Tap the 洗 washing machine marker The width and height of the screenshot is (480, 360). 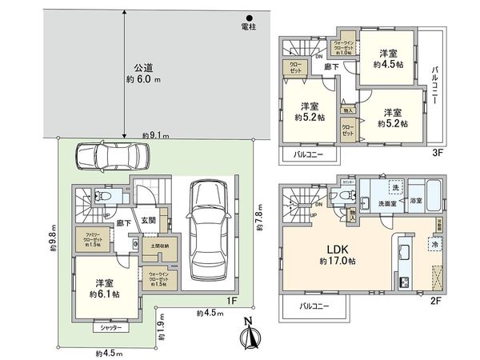[394, 187]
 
